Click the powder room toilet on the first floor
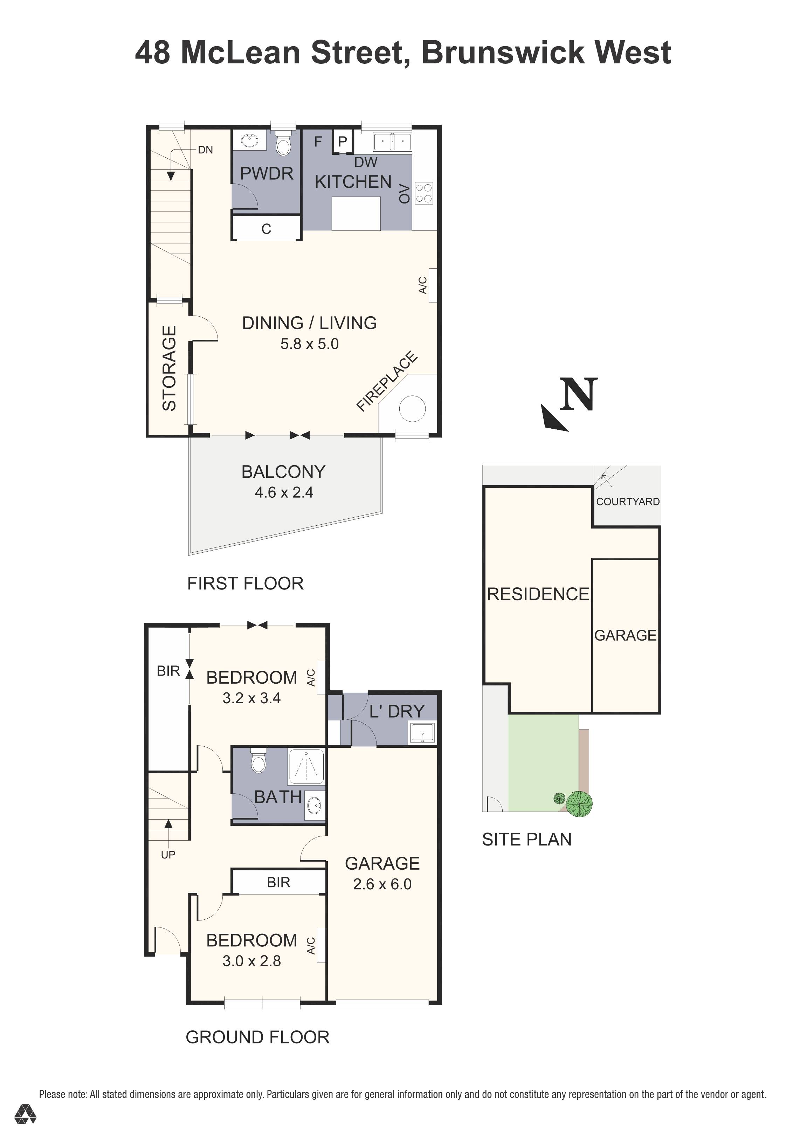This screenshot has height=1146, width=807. coord(283,145)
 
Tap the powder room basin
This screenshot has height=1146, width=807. coord(249,141)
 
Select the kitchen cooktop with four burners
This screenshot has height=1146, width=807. coord(424,193)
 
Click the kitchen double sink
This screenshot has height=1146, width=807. coord(392,142)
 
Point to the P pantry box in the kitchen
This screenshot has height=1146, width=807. coord(342,142)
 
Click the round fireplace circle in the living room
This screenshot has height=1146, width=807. coord(412,409)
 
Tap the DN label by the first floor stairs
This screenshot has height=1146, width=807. coord(206,150)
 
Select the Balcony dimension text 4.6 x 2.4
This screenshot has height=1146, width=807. coord(284,493)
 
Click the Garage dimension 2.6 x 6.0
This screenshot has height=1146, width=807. coord(382,884)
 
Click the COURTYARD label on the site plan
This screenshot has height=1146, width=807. coord(628,502)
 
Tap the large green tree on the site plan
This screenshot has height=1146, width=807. coord(579,803)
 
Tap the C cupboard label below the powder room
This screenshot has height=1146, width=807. coord(266,229)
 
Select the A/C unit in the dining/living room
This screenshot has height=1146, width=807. coord(432,285)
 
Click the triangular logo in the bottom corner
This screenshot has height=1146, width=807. coord(25,1127)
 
